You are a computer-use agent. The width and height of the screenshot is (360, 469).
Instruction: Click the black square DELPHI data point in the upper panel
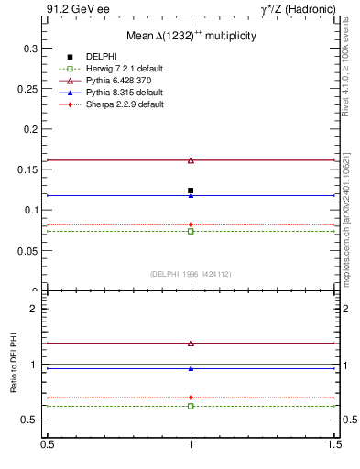[191, 191]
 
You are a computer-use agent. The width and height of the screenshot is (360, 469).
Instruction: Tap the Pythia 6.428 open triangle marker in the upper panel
[191, 160]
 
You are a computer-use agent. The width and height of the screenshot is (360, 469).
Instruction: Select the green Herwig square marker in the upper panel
[191, 231]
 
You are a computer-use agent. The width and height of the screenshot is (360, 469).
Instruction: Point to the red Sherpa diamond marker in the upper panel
[191, 224]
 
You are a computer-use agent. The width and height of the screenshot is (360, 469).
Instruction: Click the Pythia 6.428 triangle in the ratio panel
[191, 343]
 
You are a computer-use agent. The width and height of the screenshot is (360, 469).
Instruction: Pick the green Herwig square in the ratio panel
[191, 405]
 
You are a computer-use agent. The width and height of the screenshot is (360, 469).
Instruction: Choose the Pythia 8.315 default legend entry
[125, 93]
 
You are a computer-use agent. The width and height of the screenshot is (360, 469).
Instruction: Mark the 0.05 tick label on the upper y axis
[27, 250]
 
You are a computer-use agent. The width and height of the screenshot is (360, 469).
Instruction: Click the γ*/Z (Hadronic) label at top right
[298, 9]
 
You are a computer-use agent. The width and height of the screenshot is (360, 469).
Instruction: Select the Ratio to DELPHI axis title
[13, 366]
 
